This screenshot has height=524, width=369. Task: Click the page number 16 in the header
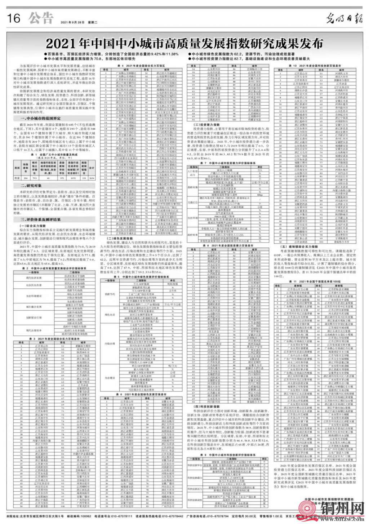[x=14, y=18]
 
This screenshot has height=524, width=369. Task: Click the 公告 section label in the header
[x=41, y=18]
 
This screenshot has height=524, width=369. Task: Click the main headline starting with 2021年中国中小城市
[x=184, y=44]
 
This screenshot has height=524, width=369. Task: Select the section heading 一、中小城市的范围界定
[x=40, y=118]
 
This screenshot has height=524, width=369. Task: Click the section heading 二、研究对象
[x=32, y=185]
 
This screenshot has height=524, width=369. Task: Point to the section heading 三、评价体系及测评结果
[x=40, y=219]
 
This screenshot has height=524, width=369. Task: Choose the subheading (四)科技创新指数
[x=203, y=406]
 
